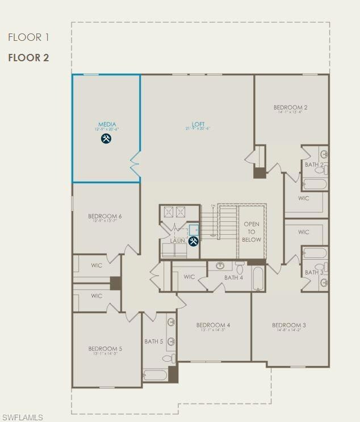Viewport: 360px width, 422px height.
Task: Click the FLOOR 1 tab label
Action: pyautogui.click(x=28, y=37)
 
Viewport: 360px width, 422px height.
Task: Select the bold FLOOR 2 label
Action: pyautogui.click(x=28, y=58)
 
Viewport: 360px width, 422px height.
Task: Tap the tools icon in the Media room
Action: pyautogui.click(x=106, y=138)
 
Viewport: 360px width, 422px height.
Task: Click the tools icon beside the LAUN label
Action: pyautogui.click(x=193, y=241)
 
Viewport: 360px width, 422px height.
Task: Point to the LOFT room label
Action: pyautogui.click(x=198, y=124)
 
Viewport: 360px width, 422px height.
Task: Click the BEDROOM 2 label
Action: pyautogui.click(x=290, y=107)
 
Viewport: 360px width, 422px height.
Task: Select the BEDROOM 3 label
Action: pyautogui.click(x=289, y=325)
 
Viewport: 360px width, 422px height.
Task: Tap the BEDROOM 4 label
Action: pyautogui.click(x=213, y=325)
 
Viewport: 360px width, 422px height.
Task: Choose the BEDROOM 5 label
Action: pyautogui.click(x=105, y=349)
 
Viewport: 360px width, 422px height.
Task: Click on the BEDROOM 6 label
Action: pyautogui.click(x=105, y=216)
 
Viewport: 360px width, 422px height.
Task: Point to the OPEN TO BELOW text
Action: pyautogui.click(x=252, y=231)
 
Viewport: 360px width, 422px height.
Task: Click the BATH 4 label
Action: pyautogui.click(x=233, y=277)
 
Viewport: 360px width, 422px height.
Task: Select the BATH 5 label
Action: pyautogui.click(x=153, y=341)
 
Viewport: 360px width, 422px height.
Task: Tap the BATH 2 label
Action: pyautogui.click(x=314, y=165)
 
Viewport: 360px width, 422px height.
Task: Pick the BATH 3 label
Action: pyautogui.click(x=314, y=272)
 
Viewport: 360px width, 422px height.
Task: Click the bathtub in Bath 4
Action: pyautogui.click(x=257, y=278)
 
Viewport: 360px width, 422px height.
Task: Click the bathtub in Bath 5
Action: pyautogui.click(x=155, y=375)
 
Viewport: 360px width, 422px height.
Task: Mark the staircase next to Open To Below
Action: pyautogui.click(x=227, y=222)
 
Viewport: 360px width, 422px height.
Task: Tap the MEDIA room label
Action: pyautogui.click(x=107, y=124)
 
